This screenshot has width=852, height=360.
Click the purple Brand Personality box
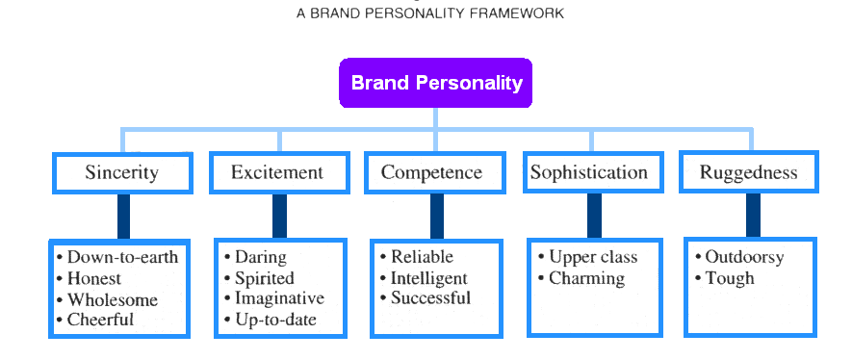[435, 83]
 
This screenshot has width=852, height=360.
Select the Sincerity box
[121, 173]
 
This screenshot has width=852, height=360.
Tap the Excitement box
[277, 173]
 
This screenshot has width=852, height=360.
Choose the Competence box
[431, 173]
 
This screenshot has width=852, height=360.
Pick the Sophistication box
[588, 172]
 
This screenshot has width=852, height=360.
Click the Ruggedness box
[748, 173]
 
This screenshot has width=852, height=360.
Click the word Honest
[94, 278]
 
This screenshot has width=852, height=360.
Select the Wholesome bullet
[112, 299]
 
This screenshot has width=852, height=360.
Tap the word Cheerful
[100, 320]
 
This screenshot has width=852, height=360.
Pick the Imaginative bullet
[279, 298]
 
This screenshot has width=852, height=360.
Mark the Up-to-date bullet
[275, 320]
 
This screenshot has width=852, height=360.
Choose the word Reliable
[422, 257]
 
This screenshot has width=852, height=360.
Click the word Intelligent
[428, 278]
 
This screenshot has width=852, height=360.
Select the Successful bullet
[430, 298]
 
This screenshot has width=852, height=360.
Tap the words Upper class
[593, 257]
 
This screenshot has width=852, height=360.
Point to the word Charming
[586, 278]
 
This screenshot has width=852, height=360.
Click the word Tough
[729, 278]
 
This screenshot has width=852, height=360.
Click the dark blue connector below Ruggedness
[753, 215]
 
